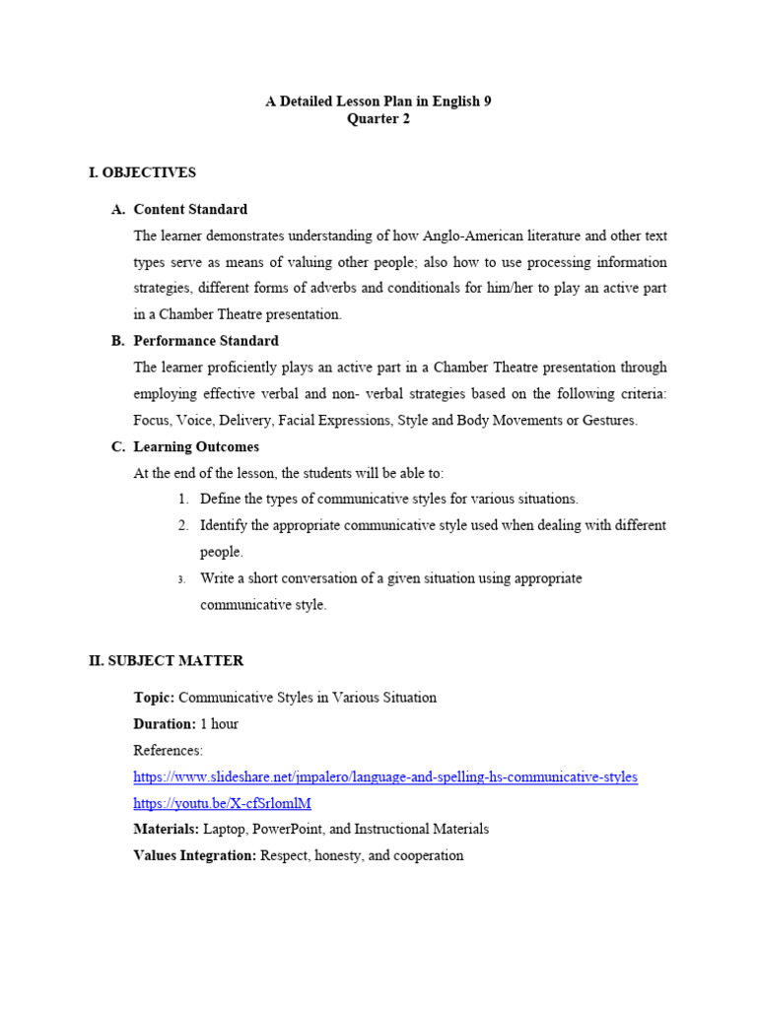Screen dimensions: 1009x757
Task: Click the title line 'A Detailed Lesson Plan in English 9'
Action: [378, 101]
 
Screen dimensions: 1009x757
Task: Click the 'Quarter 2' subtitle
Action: [378, 119]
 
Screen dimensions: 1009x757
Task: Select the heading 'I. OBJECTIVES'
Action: [142, 172]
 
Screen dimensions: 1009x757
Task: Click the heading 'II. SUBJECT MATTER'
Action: [166, 660]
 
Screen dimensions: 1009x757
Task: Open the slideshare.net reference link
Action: [385, 776]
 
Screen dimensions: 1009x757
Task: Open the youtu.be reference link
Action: [222, 803]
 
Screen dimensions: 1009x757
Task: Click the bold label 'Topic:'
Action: [154, 698]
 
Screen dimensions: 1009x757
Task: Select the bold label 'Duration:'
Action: [165, 724]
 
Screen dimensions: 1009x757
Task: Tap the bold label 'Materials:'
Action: [166, 830]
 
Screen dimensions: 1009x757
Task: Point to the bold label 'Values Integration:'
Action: [194, 855]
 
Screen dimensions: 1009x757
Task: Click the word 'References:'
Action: [168, 751]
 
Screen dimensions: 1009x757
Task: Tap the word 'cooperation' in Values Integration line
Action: [427, 855]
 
